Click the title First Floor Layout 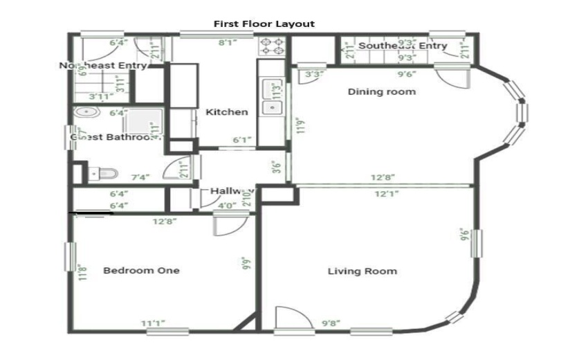click(264, 24)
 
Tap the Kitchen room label click(226, 112)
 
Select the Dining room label click(381, 91)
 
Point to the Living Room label click(362, 271)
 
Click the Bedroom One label click(141, 270)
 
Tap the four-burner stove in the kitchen click(273, 46)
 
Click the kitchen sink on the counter click(270, 98)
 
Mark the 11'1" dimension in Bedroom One click(153, 323)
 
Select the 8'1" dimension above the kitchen click(229, 43)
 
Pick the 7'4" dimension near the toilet click(140, 178)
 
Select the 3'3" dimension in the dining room click(313, 74)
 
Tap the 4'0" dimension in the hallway click(226, 205)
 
